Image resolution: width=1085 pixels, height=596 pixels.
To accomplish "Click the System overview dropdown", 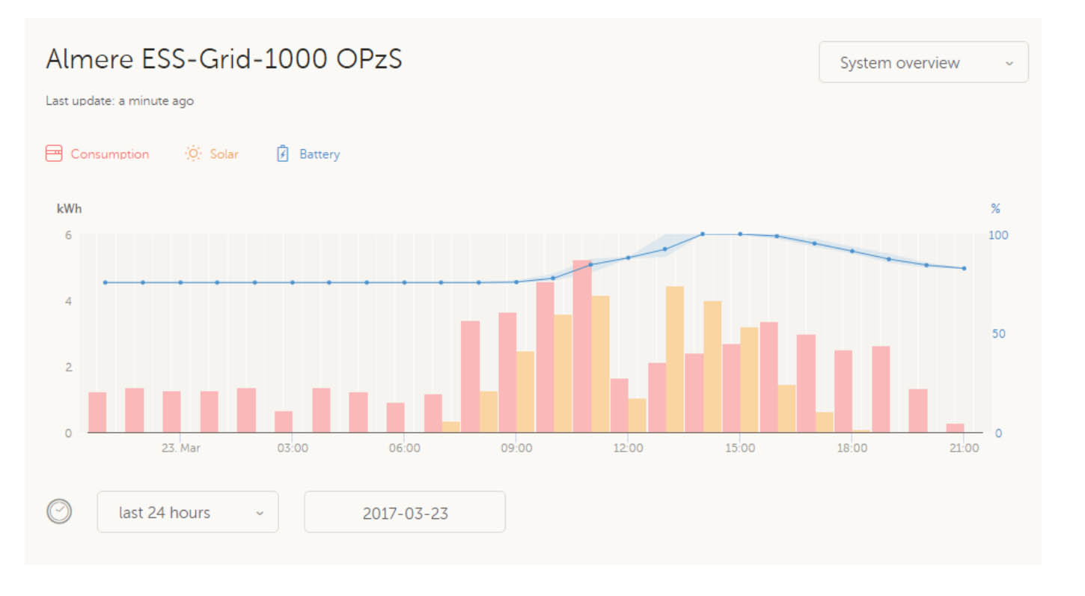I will (923, 63).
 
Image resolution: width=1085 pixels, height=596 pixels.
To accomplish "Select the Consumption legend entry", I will (98, 154).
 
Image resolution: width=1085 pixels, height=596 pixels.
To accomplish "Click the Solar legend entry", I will (212, 154).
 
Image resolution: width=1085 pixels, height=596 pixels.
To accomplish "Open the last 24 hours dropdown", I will (187, 512).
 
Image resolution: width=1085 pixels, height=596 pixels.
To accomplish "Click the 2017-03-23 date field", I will (405, 512).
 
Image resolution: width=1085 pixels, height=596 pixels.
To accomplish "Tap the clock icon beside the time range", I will (59, 511).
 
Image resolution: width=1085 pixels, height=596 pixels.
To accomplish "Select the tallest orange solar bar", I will (675, 359).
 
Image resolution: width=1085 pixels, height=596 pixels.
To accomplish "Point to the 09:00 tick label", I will (516, 448).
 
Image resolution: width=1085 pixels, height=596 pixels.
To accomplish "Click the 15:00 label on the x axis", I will (739, 448).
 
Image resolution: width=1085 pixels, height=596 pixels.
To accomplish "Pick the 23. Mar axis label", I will (180, 448).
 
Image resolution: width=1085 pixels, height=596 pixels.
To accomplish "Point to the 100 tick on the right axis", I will (999, 235).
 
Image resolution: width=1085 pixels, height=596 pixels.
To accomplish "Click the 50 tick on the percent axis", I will (999, 334).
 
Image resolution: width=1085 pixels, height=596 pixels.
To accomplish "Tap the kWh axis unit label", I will (69, 209).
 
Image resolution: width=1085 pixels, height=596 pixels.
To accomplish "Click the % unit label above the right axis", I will (995, 209).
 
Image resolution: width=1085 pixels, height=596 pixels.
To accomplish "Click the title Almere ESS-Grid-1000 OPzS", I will (224, 59).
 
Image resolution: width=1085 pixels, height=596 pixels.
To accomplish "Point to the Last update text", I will (120, 101).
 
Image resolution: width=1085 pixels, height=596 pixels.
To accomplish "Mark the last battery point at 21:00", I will (964, 268).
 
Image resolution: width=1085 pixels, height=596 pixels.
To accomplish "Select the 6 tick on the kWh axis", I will (68, 235).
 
